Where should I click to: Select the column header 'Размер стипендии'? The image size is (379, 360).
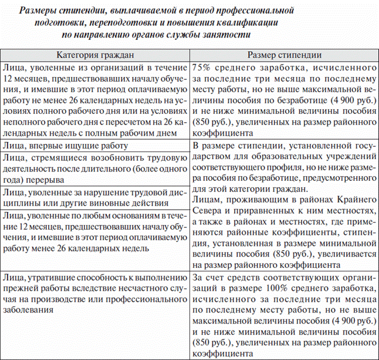pos(283,55)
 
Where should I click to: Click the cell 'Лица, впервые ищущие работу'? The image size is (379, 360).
pos(64,145)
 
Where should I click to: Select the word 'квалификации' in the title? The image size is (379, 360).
pos(245,22)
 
